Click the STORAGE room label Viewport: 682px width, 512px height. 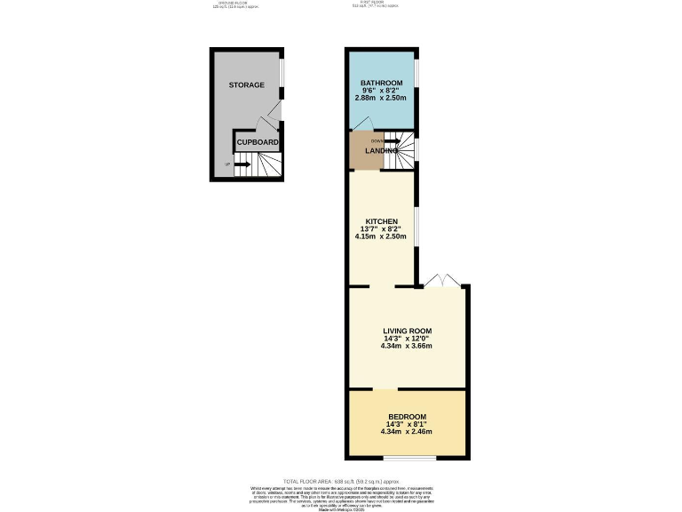click(x=247, y=84)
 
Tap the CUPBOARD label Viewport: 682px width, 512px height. click(x=258, y=142)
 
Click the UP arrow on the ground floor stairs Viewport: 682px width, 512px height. click(x=242, y=164)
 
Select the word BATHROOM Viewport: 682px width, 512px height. click(x=381, y=84)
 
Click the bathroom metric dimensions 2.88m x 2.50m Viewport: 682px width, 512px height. click(x=381, y=97)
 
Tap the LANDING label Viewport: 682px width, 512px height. click(x=380, y=151)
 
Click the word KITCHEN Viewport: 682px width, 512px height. click(x=381, y=221)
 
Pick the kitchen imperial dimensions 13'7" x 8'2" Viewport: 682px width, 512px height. click(x=381, y=229)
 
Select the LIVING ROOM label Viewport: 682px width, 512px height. click(x=407, y=331)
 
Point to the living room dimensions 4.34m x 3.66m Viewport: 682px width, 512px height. click(x=407, y=346)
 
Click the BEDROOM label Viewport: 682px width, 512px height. click(x=407, y=417)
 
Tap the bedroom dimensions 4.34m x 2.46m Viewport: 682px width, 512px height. click(x=407, y=431)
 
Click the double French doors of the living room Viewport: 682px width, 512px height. click(x=441, y=281)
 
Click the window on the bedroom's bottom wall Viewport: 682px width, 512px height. click(x=409, y=459)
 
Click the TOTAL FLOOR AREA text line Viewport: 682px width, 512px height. click(x=341, y=481)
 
